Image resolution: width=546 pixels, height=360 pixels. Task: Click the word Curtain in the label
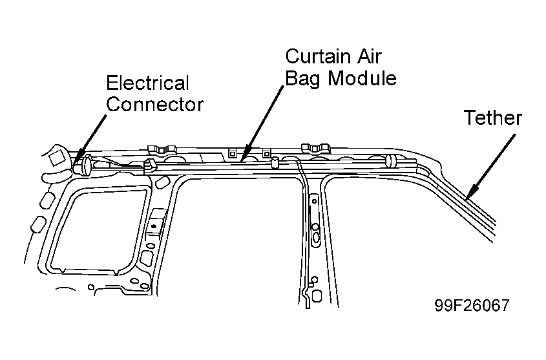coord(317,56)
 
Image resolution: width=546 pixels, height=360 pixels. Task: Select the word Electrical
coord(147,83)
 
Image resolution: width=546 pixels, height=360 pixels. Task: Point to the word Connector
coord(154,105)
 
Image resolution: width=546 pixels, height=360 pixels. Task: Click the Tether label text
coord(493,118)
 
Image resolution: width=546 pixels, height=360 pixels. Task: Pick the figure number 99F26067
coord(472,305)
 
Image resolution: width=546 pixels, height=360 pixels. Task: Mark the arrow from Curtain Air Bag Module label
coord(262,123)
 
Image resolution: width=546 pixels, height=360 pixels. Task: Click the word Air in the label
coord(368,56)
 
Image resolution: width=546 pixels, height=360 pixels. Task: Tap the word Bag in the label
coord(302,79)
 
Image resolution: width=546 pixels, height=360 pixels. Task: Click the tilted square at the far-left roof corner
coord(56,157)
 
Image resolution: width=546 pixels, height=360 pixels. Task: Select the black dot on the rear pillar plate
coord(154,227)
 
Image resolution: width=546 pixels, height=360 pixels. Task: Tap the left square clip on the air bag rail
coord(233,154)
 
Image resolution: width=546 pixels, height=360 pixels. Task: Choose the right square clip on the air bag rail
coord(266,153)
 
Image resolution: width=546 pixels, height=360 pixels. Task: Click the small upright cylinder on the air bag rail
coord(275,162)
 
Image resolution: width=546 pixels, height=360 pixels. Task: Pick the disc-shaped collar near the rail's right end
coord(389,160)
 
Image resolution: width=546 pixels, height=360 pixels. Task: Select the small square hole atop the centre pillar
coord(314,201)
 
